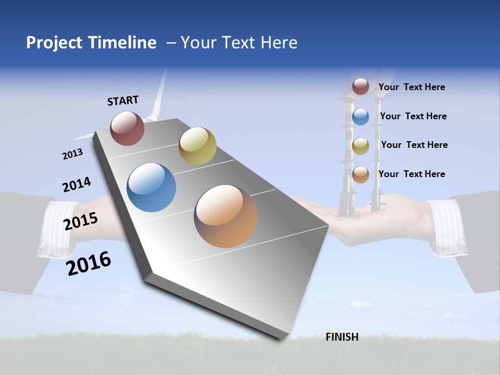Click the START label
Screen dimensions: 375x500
(123, 101)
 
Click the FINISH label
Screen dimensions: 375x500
(342, 337)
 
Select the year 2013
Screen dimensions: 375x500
(72, 154)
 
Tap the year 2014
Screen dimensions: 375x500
(77, 185)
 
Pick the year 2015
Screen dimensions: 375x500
(81, 221)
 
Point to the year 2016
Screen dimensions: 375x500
(89, 263)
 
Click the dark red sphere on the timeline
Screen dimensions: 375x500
(127, 128)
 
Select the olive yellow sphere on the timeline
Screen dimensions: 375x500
(197, 146)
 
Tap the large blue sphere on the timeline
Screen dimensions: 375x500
(152, 187)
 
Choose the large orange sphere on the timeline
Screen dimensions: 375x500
(226, 216)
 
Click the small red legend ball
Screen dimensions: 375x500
(360, 86)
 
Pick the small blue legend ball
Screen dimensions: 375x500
(360, 117)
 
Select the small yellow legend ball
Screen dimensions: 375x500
(360, 146)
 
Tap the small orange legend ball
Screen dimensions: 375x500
(360, 175)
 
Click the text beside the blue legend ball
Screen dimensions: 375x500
(413, 116)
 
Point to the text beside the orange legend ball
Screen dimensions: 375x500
(411, 174)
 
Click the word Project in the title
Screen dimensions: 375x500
(55, 43)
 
